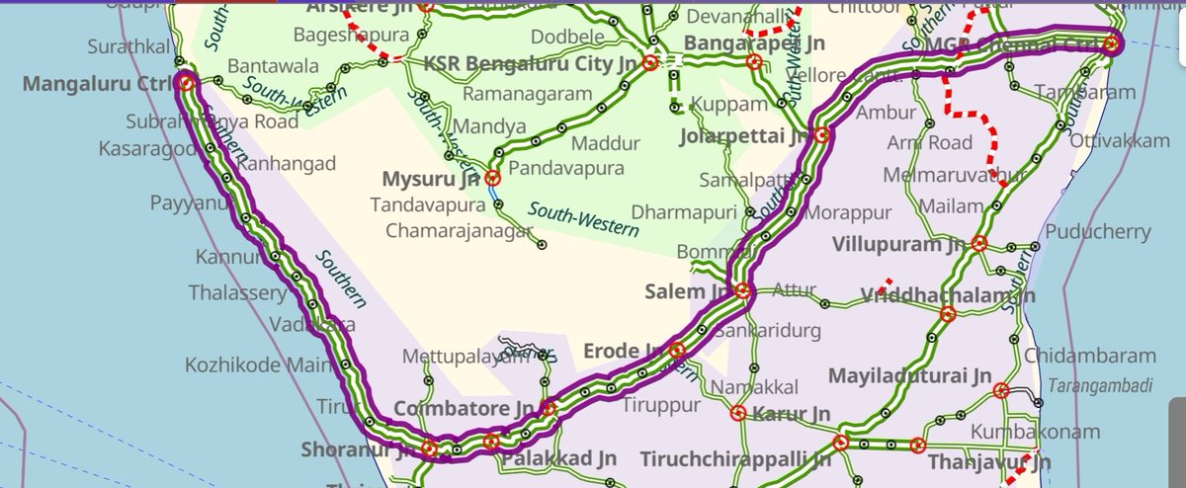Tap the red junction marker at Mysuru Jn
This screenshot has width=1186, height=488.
coord(491,180)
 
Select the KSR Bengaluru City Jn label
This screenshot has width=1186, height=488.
coord(530,63)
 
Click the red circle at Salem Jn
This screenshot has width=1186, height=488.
coord(743,291)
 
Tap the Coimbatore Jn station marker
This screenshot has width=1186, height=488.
coord(548,408)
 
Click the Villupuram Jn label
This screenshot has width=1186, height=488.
coord(897,243)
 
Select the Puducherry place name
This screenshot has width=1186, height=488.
coord(1102,232)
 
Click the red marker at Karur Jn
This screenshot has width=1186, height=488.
coord(738,414)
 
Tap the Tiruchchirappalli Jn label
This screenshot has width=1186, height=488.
coord(734,459)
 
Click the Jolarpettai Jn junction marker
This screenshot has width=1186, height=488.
coord(821,135)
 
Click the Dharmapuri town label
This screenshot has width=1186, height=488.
coord(685,211)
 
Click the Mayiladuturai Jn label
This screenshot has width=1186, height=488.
coord(909,376)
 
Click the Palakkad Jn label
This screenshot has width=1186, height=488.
coord(559,459)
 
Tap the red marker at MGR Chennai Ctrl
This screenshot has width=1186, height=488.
coord(1111,43)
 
